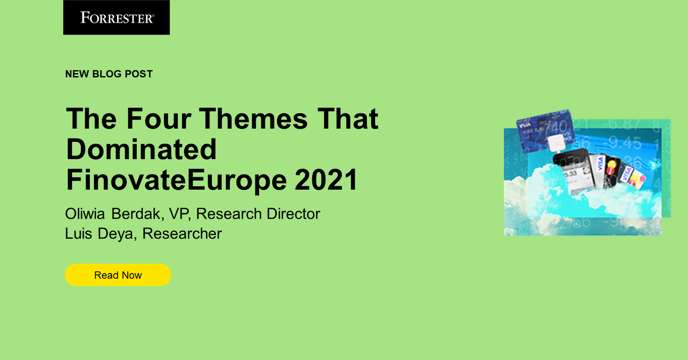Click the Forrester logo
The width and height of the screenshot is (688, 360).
pos(117,18)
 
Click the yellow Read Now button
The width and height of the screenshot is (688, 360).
pos(118,275)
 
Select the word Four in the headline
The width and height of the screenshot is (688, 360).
pos(158,119)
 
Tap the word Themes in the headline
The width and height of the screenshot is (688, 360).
pos(254,119)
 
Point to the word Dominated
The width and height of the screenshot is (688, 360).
pos(141,149)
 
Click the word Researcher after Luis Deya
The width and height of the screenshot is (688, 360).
pos(182,234)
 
